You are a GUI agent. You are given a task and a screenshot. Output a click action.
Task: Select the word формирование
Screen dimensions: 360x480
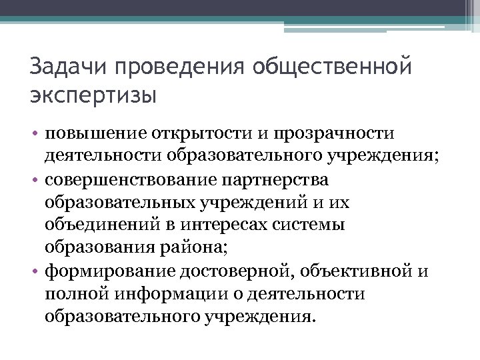pyautogui.click(x=110, y=271)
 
